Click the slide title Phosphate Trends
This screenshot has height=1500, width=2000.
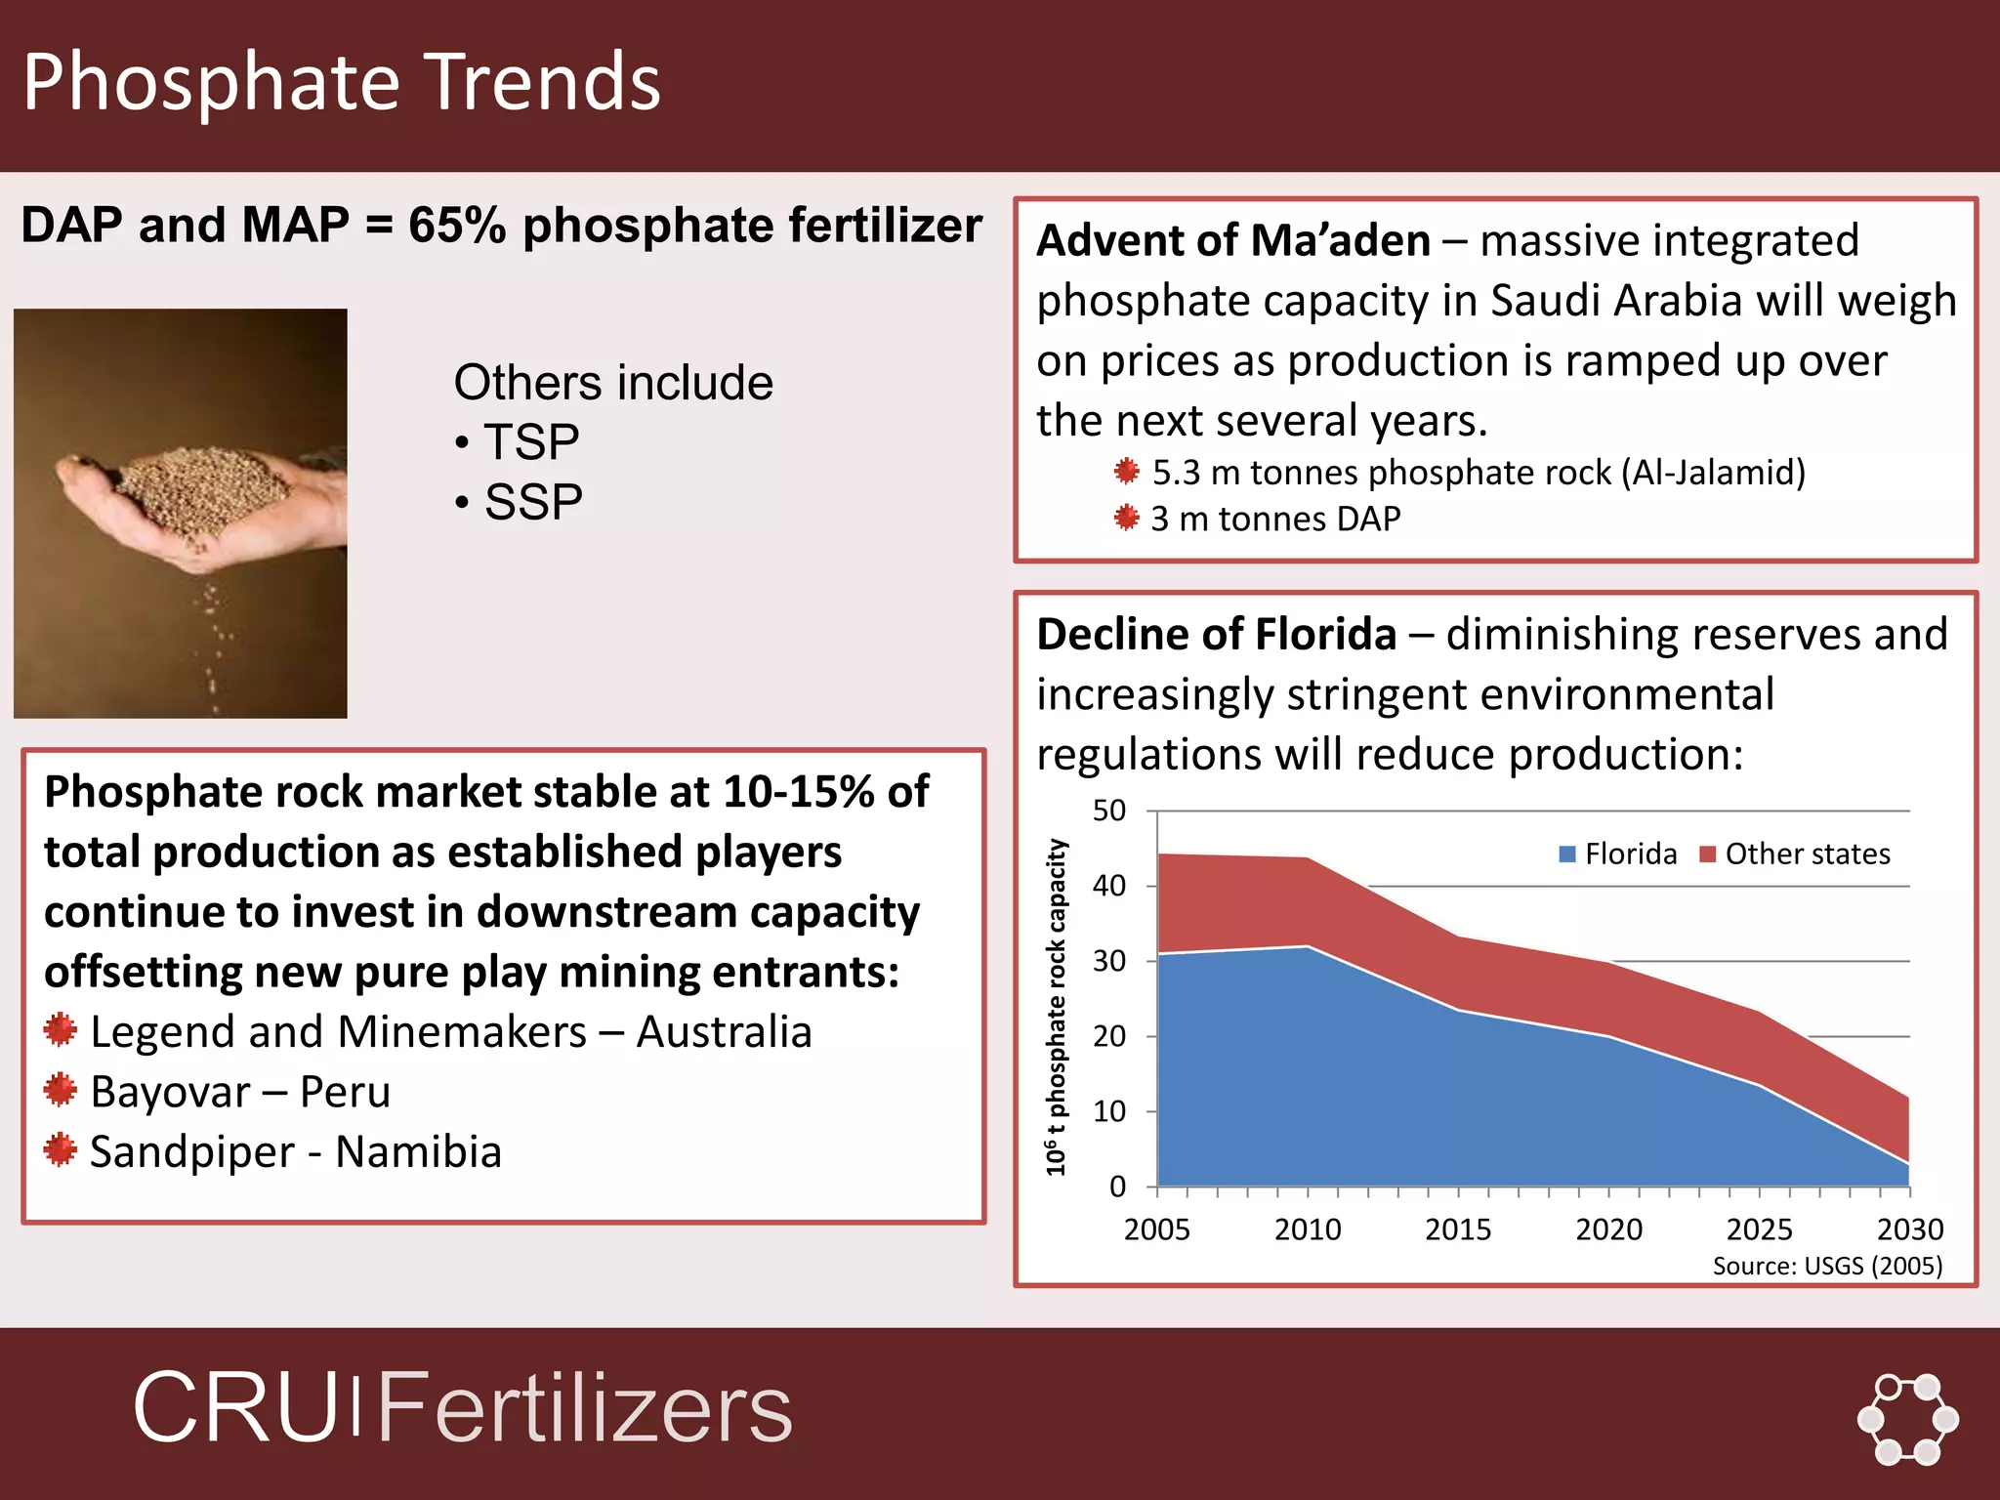click(x=342, y=82)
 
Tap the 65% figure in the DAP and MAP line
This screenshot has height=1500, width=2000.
click(x=456, y=226)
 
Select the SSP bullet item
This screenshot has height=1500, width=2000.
click(x=532, y=503)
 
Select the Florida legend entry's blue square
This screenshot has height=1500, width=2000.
click(x=1567, y=854)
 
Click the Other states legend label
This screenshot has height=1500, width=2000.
click(x=1807, y=854)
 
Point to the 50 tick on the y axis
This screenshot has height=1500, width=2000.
click(x=1109, y=811)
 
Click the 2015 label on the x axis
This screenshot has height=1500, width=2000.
click(x=1457, y=1229)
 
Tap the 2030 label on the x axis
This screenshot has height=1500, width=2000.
click(x=1909, y=1229)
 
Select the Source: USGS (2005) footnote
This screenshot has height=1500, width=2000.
click(x=1827, y=1267)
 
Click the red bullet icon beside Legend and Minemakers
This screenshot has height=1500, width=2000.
click(x=61, y=1030)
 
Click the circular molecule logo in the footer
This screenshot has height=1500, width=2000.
click(x=1907, y=1419)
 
